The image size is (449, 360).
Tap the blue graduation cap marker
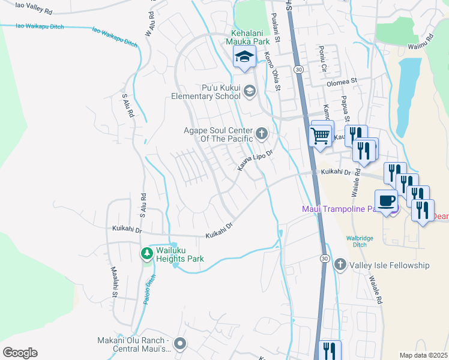pos(244,58)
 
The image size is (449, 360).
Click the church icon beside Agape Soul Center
pos(261,133)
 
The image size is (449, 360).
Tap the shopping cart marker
pos(321,134)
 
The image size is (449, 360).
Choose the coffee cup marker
pos(386,200)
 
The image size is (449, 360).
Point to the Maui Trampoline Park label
pos(339,209)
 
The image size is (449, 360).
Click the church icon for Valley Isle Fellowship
pos(340,265)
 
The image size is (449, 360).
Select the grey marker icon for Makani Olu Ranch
pos(180,344)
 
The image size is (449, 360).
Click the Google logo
pos(20,352)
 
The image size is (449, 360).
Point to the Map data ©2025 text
pos(423,355)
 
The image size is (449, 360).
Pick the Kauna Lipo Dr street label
pos(255,160)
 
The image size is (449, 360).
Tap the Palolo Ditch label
pos(149,287)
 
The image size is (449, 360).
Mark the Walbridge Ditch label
pos(360,241)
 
